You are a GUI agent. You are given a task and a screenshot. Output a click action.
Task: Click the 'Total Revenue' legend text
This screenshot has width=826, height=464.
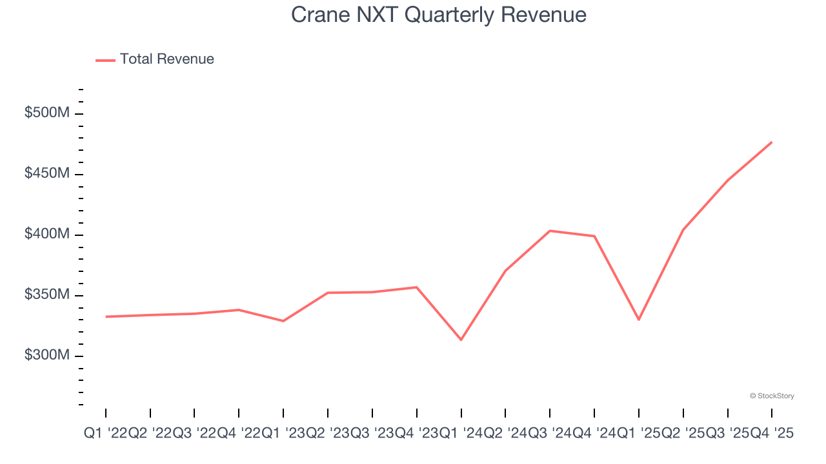point(166,59)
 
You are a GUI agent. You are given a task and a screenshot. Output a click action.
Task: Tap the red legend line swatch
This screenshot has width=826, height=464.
point(105,60)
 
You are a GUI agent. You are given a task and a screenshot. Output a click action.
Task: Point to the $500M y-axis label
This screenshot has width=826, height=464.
point(47,113)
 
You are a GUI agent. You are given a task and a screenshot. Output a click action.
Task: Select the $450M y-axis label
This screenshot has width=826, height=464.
point(47,174)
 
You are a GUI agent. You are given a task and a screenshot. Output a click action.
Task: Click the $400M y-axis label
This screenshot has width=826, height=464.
point(47,235)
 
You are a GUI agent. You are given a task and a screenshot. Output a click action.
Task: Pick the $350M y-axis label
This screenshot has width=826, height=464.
point(47,295)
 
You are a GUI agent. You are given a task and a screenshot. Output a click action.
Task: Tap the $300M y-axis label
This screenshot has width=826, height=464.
point(47,356)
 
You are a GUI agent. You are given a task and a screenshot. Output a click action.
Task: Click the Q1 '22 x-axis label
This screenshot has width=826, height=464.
point(106,434)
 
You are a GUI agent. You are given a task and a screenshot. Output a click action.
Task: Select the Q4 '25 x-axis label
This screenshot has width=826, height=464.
point(772,434)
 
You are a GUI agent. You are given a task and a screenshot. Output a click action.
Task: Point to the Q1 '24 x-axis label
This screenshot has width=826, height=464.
point(461,434)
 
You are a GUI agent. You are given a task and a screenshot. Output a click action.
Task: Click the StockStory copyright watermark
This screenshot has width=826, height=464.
point(772,396)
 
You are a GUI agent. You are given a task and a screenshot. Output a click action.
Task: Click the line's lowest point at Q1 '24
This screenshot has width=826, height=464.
point(461,340)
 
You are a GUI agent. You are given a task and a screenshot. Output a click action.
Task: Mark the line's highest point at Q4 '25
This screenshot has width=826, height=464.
point(772,142)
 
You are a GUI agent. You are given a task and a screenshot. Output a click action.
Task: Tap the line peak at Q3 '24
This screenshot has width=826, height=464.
point(550,231)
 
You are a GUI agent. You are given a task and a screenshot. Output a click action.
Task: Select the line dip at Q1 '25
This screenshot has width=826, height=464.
point(639,320)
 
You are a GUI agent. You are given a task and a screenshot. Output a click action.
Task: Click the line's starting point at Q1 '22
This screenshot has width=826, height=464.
point(106,316)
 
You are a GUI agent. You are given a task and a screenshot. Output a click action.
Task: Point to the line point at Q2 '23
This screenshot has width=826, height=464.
point(328,293)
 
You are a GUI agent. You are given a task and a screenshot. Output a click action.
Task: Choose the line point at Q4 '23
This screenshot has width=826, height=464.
point(417,287)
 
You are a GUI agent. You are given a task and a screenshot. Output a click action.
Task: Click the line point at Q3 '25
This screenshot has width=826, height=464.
point(728,180)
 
